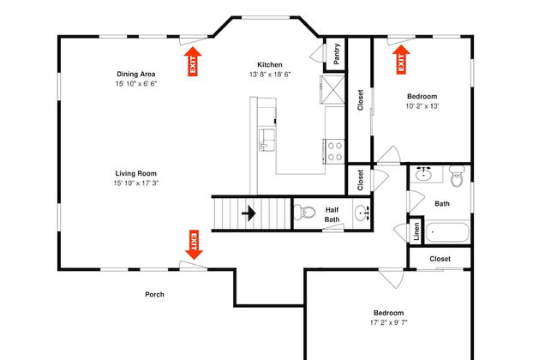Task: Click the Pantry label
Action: click(337, 54)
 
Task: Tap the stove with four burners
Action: click(334, 151)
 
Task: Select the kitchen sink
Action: click(267, 140)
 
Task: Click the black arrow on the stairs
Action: click(249, 213)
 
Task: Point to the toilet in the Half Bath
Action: click(304, 213)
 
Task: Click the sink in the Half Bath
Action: click(362, 213)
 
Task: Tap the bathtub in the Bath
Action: click(447, 232)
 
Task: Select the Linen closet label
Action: click(416, 231)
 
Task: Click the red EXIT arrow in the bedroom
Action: click(401, 59)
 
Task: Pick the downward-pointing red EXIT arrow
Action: click(194, 245)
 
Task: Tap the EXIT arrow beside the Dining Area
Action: click(193, 62)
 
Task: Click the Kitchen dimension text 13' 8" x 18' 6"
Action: click(270, 75)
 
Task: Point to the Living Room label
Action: click(136, 173)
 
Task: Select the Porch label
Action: click(154, 294)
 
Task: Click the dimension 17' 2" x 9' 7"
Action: click(389, 322)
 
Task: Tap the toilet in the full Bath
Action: click(457, 176)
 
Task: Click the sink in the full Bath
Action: click(423, 174)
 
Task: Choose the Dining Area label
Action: click(136, 74)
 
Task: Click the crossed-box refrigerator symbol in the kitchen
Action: click(332, 89)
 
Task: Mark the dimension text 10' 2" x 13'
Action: click(422, 106)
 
